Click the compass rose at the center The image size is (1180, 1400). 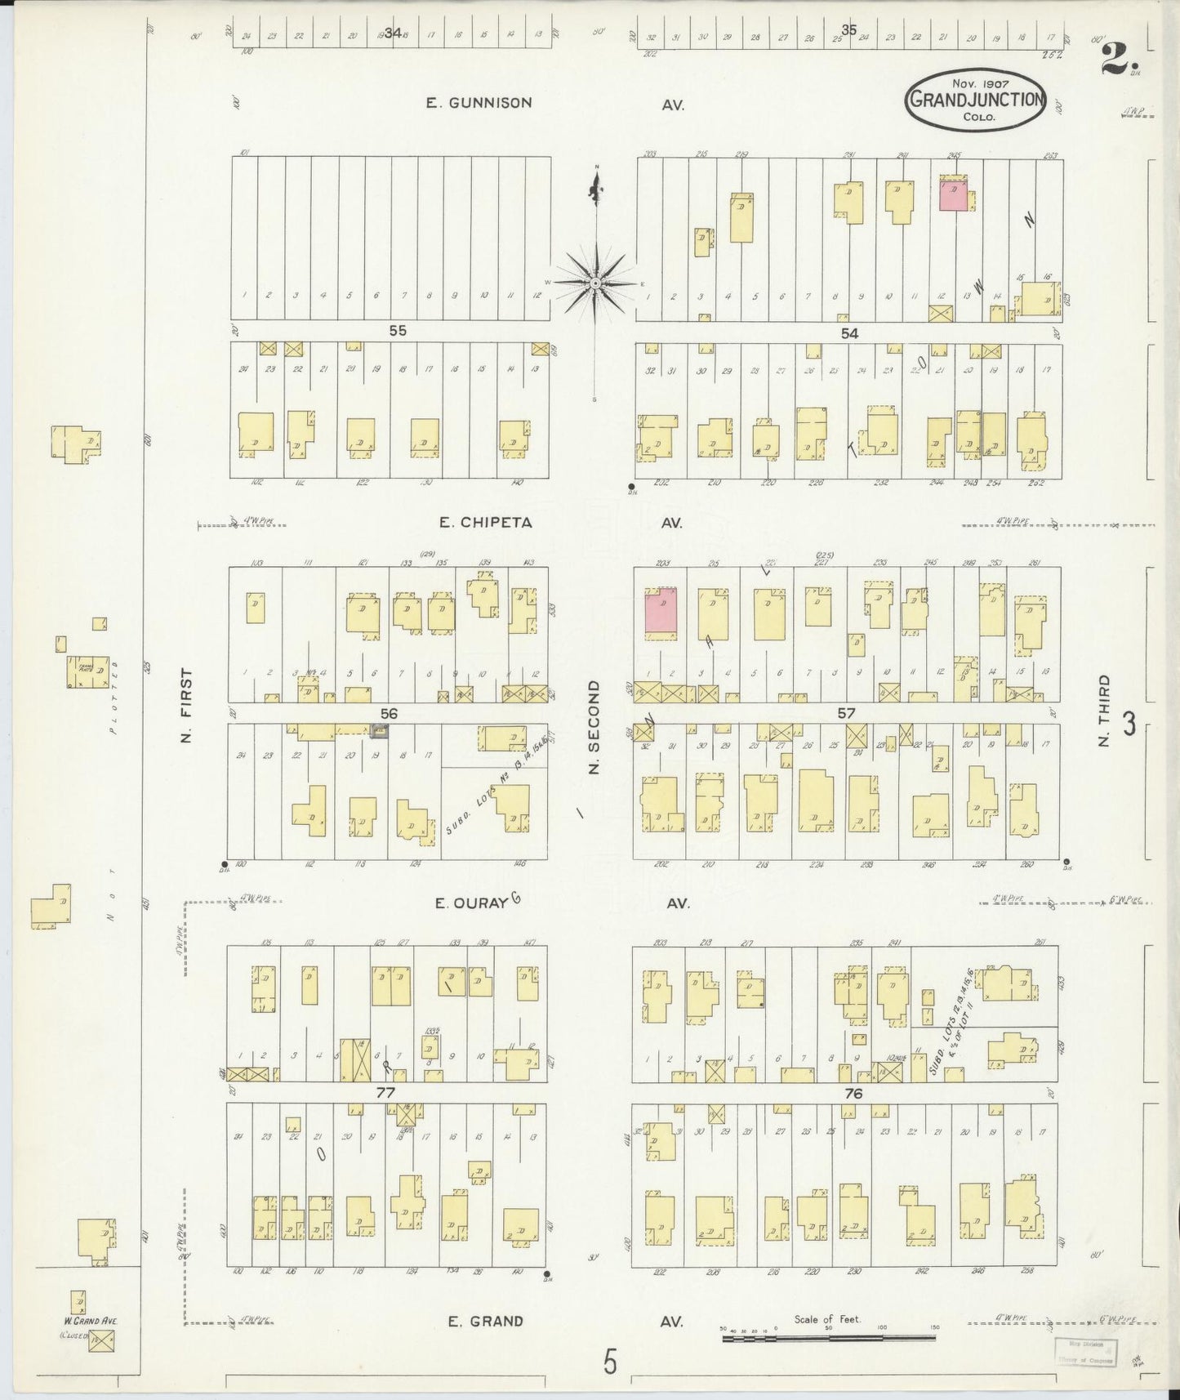click(596, 283)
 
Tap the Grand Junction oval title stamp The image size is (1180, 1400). click(975, 99)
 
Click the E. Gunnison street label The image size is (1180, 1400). click(479, 103)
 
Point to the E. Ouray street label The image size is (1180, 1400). click(472, 903)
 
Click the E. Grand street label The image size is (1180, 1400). click(485, 1320)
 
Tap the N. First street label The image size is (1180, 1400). click(187, 706)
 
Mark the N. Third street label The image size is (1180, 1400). click(1104, 710)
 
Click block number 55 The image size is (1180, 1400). click(397, 331)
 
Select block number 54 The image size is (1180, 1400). click(850, 332)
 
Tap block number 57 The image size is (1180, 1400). click(846, 713)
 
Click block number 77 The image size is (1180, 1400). click(385, 1093)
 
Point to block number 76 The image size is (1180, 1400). click(854, 1093)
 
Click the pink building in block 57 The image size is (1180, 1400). click(662, 612)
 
